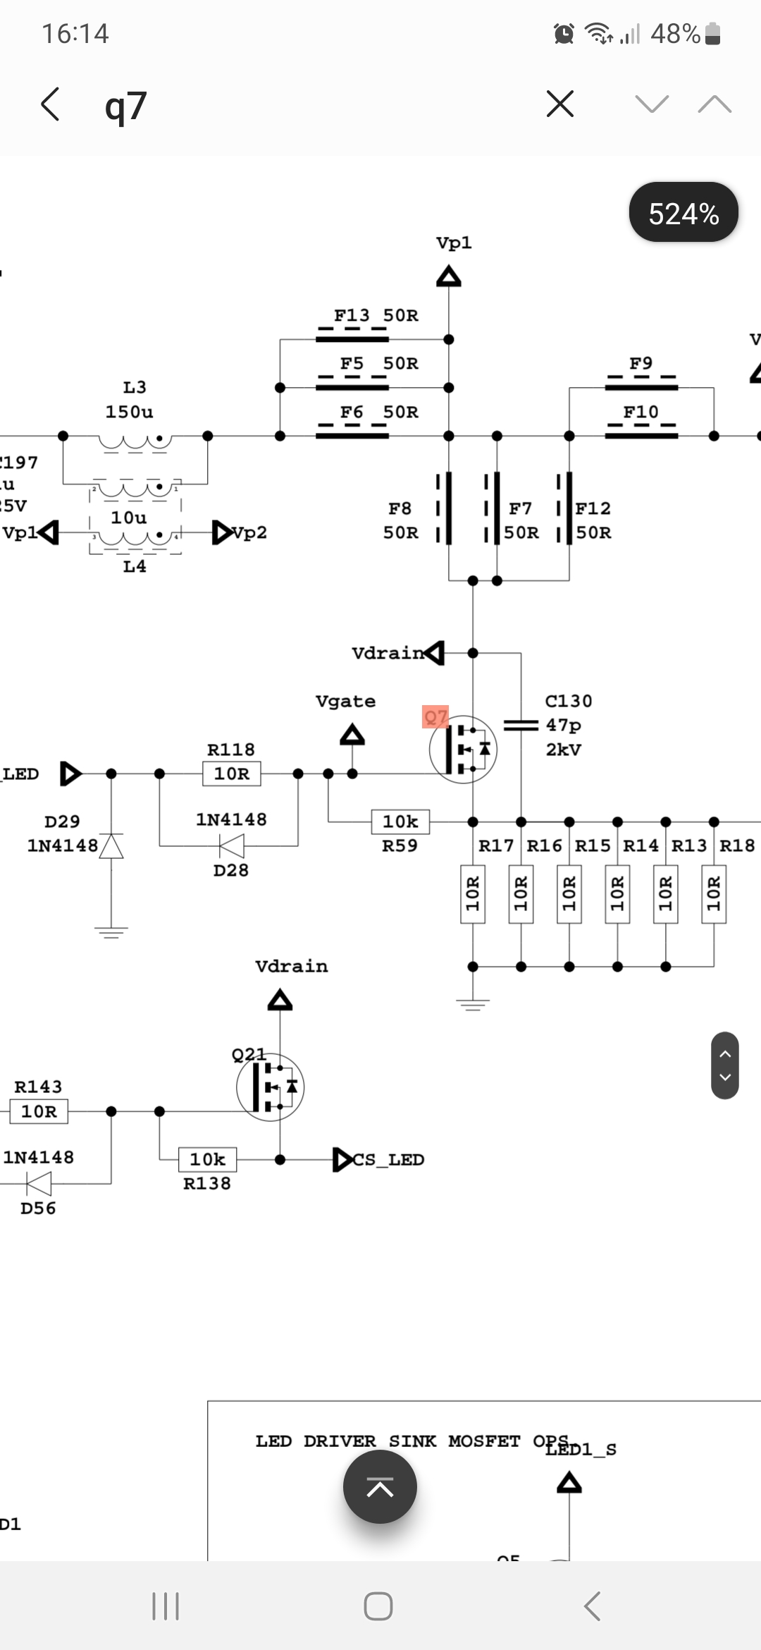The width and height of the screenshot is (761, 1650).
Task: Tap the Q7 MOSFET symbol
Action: (x=463, y=749)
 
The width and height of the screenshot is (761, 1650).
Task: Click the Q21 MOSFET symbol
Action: (x=270, y=1087)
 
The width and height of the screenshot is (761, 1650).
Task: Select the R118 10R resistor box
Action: (x=232, y=774)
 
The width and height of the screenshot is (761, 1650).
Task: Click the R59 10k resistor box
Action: (x=400, y=821)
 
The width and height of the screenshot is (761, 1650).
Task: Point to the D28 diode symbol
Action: (x=232, y=845)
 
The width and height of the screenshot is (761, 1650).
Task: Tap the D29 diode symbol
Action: (x=111, y=845)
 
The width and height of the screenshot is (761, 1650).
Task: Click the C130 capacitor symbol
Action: (x=521, y=725)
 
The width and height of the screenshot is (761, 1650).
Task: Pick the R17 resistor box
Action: (x=473, y=894)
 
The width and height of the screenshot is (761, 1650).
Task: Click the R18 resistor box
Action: (x=714, y=894)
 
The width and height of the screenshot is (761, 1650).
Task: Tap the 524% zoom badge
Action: (x=683, y=212)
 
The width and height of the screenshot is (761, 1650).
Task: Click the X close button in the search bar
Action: (x=560, y=104)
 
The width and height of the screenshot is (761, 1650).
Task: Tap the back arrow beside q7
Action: (x=50, y=105)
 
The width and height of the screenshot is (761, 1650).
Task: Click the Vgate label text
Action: (x=345, y=702)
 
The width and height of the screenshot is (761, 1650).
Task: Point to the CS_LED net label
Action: (x=388, y=1159)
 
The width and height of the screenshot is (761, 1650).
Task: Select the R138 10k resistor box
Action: (x=208, y=1159)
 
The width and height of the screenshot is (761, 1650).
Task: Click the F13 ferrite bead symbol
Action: (x=352, y=338)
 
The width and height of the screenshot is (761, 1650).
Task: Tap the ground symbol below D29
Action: (x=111, y=932)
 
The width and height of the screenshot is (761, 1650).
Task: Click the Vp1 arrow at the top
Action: (x=449, y=276)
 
